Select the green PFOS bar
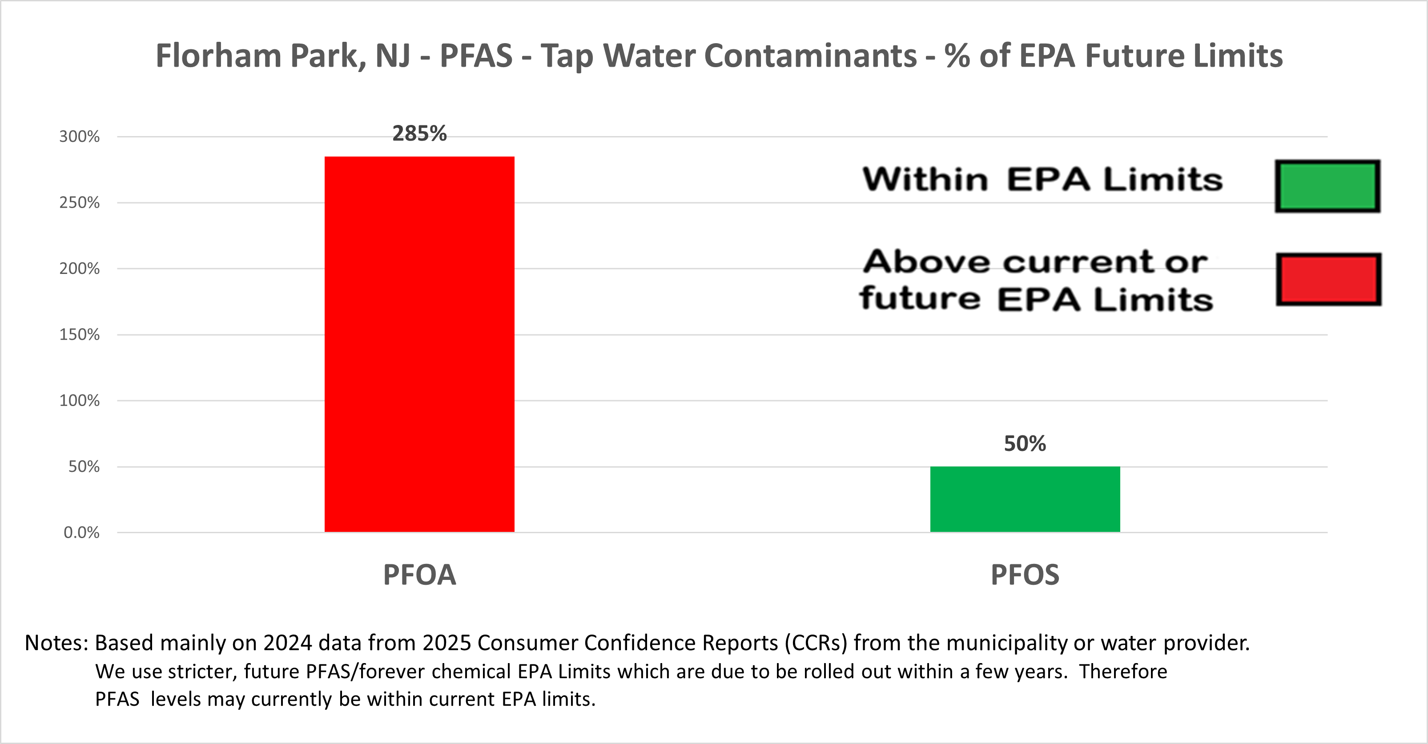coord(1025,499)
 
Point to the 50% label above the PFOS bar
coord(1025,443)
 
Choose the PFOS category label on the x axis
coord(1025,575)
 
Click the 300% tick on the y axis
coord(79,137)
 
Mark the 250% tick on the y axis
coord(79,202)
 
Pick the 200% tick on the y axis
coord(79,268)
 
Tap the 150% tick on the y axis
coord(79,334)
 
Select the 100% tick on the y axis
coord(79,400)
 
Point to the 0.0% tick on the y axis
coord(81,532)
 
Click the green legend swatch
coord(1327,186)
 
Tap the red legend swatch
coord(1328,279)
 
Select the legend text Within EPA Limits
coord(1042,180)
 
